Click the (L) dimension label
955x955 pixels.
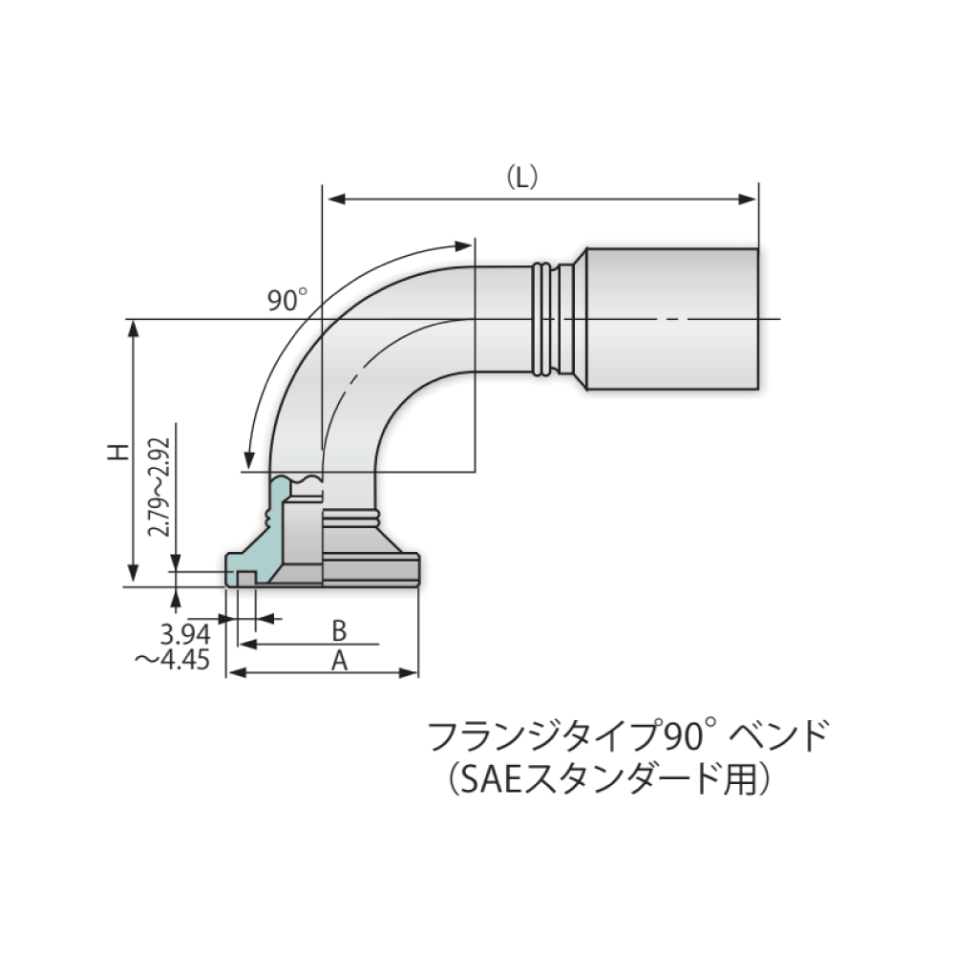point(522,178)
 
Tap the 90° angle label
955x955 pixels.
point(287,301)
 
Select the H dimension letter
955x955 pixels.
point(117,451)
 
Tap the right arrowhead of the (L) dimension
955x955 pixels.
point(750,200)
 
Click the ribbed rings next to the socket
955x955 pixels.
point(541,318)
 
